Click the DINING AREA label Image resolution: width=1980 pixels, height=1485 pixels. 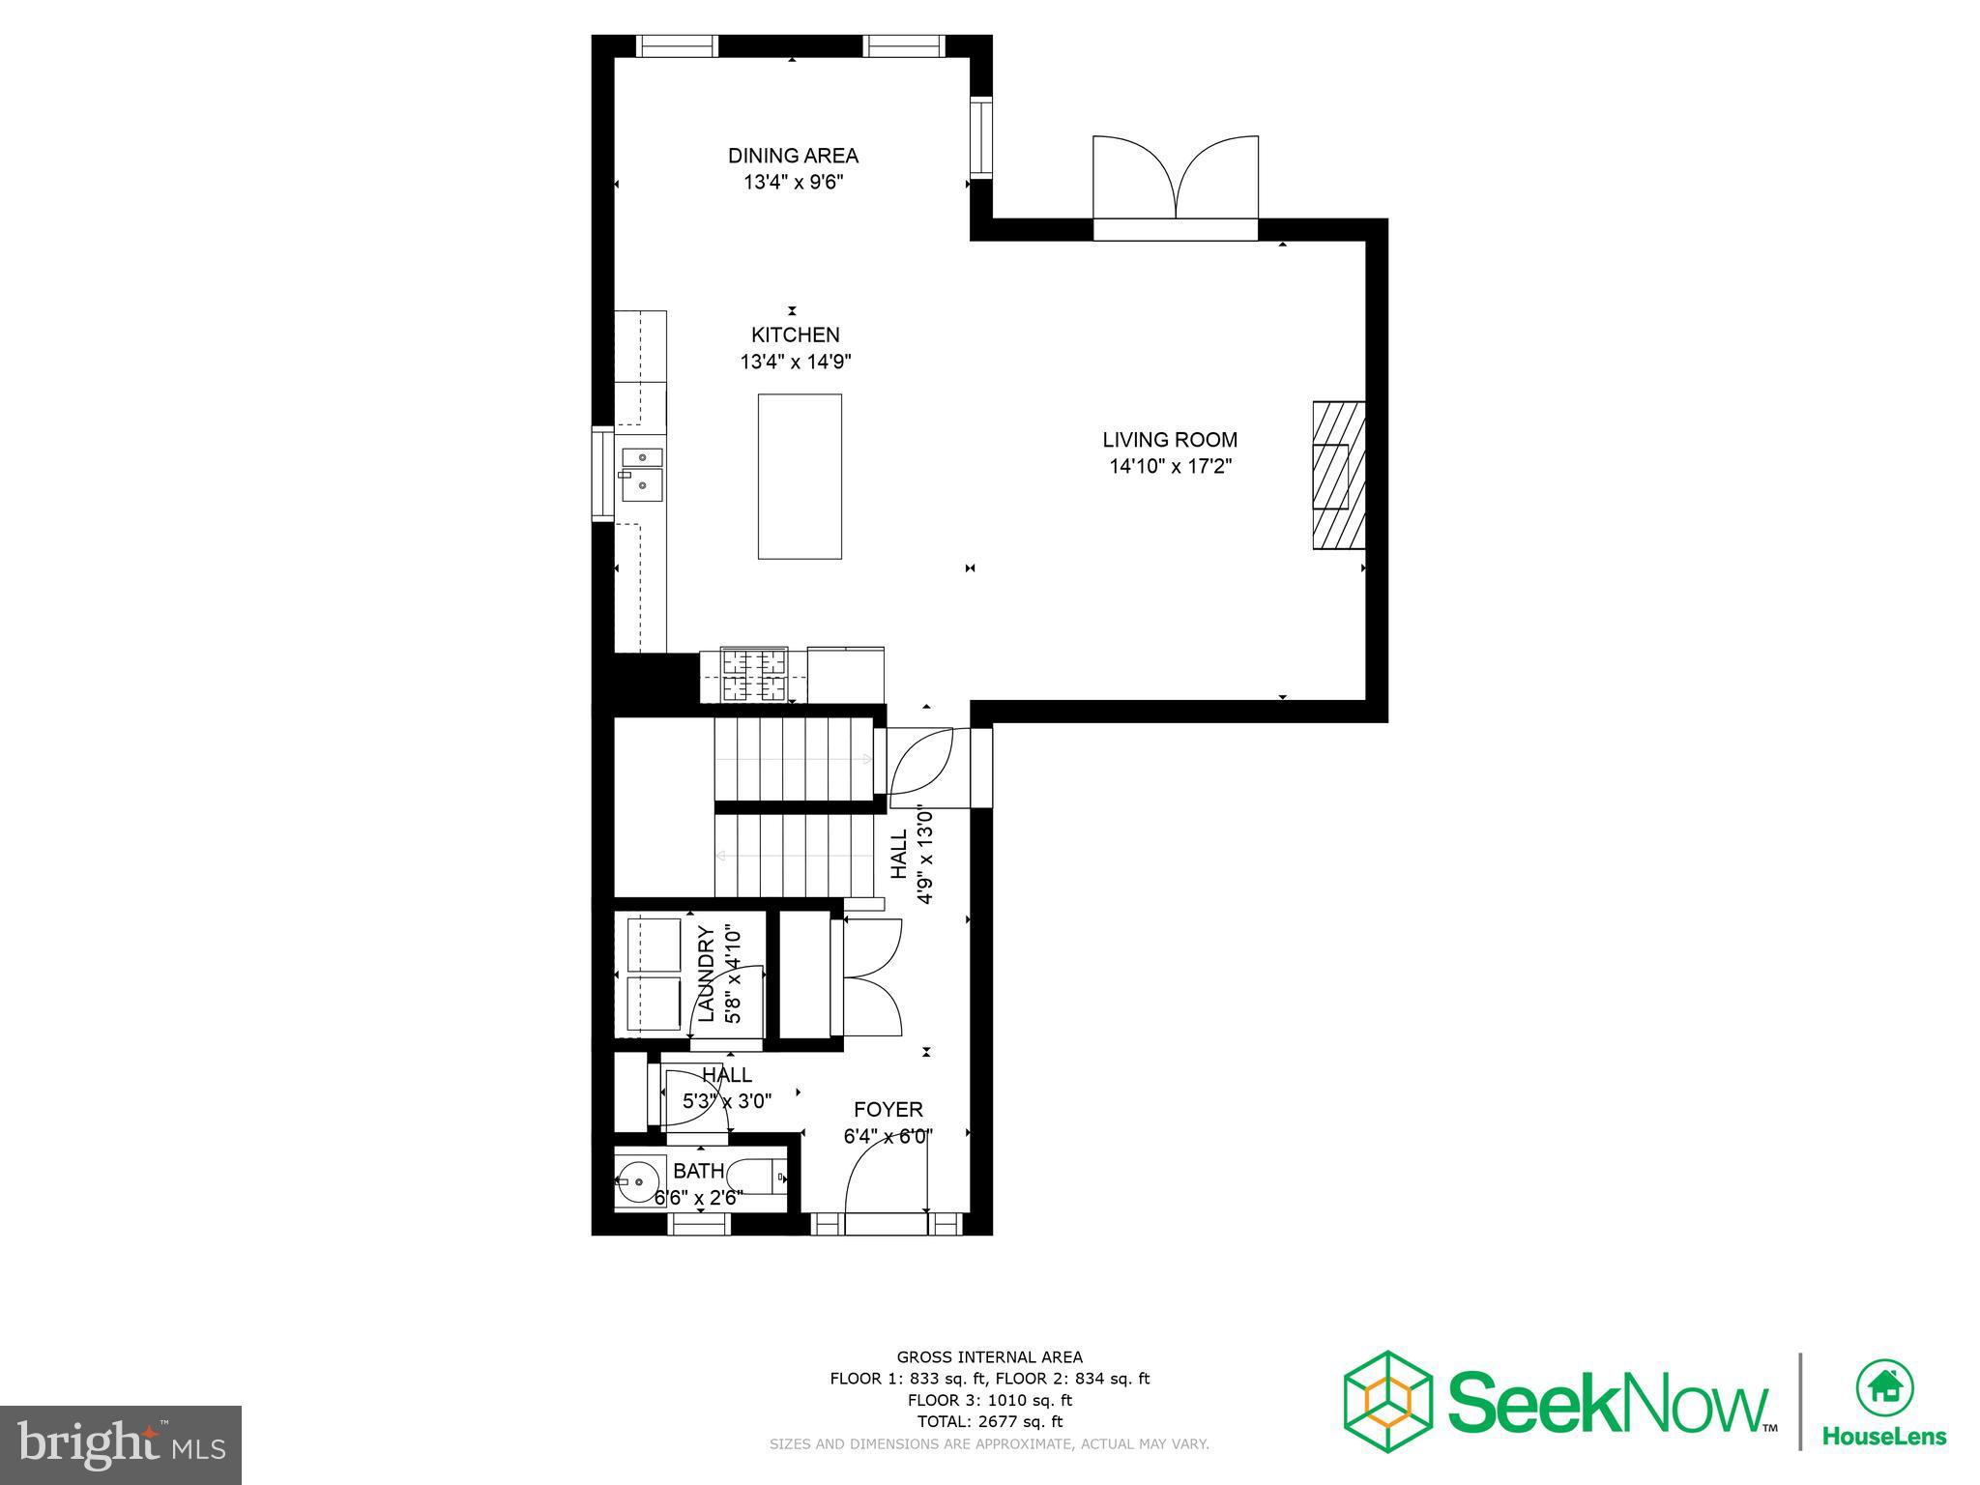coord(793,156)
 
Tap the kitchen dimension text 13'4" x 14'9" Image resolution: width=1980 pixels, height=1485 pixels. coord(795,363)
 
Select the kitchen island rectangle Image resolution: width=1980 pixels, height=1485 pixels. coord(800,476)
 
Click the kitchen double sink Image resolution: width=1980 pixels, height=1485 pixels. coord(642,475)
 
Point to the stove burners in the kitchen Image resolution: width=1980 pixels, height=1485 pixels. coord(755,675)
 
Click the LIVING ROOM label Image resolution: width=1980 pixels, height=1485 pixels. coord(1170,440)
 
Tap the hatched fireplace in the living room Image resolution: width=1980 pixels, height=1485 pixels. coord(1339,475)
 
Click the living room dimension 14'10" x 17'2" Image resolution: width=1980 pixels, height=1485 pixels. coord(1170,467)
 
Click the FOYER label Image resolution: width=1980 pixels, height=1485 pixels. coord(888,1110)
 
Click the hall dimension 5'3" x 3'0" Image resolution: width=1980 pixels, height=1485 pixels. coord(727,1101)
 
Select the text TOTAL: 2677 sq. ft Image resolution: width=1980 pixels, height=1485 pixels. coord(989,1421)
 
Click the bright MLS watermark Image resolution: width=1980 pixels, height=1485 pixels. coord(120,1445)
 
